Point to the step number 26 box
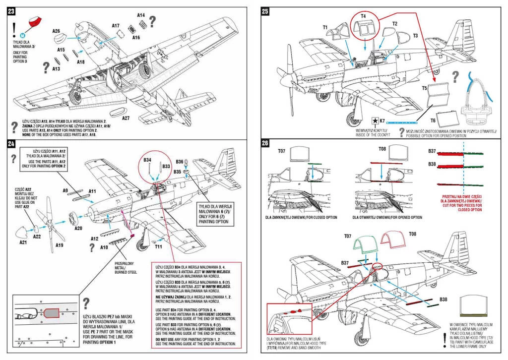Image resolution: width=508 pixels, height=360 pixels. [x=265, y=144]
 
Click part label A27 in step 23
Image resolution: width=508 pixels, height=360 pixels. [x=126, y=118]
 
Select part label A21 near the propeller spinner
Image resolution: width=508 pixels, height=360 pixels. [x=23, y=242]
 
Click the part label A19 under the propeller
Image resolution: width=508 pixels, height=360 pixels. [x=59, y=244]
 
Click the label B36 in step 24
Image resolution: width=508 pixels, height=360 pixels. [x=180, y=162]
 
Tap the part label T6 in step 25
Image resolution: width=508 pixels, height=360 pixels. [x=433, y=120]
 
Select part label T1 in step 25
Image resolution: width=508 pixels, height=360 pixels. [x=324, y=28]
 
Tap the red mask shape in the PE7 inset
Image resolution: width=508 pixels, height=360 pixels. [x=52, y=313]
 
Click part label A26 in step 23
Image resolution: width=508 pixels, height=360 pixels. [x=56, y=31]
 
